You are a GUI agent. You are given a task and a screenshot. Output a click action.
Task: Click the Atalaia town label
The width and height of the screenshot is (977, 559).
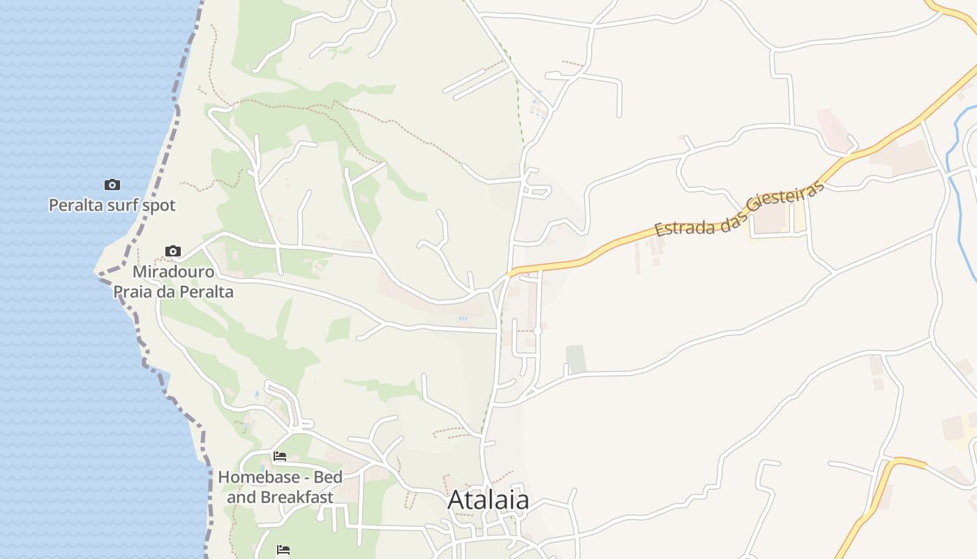coord(488,500)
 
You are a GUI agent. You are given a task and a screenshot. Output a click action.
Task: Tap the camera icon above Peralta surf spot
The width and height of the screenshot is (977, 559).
coord(112,185)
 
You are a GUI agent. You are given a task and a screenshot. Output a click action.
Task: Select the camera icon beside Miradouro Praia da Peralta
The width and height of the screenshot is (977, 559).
coord(173,251)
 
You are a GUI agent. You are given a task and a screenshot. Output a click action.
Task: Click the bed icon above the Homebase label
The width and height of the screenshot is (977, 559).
coord(280,456)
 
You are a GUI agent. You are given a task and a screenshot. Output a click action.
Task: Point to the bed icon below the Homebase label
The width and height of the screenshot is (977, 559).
coord(283,549)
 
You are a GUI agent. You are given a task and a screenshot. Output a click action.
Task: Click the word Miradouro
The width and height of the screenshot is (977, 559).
coord(174,271)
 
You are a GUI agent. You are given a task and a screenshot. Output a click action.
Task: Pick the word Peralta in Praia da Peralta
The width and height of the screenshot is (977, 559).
coord(206,291)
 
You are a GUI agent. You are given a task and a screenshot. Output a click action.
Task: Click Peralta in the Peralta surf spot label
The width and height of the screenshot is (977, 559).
coord(74,205)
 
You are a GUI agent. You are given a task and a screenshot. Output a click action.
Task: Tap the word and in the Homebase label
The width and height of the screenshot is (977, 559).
coord(241,498)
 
